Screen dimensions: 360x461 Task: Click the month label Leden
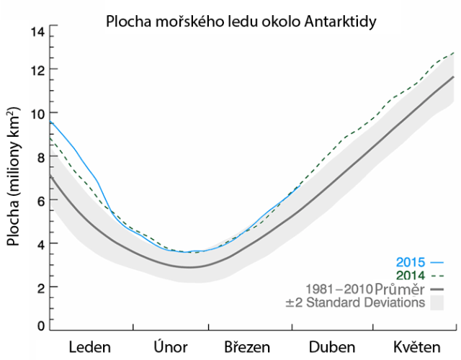(90, 347)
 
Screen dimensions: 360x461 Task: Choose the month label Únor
(171, 347)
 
